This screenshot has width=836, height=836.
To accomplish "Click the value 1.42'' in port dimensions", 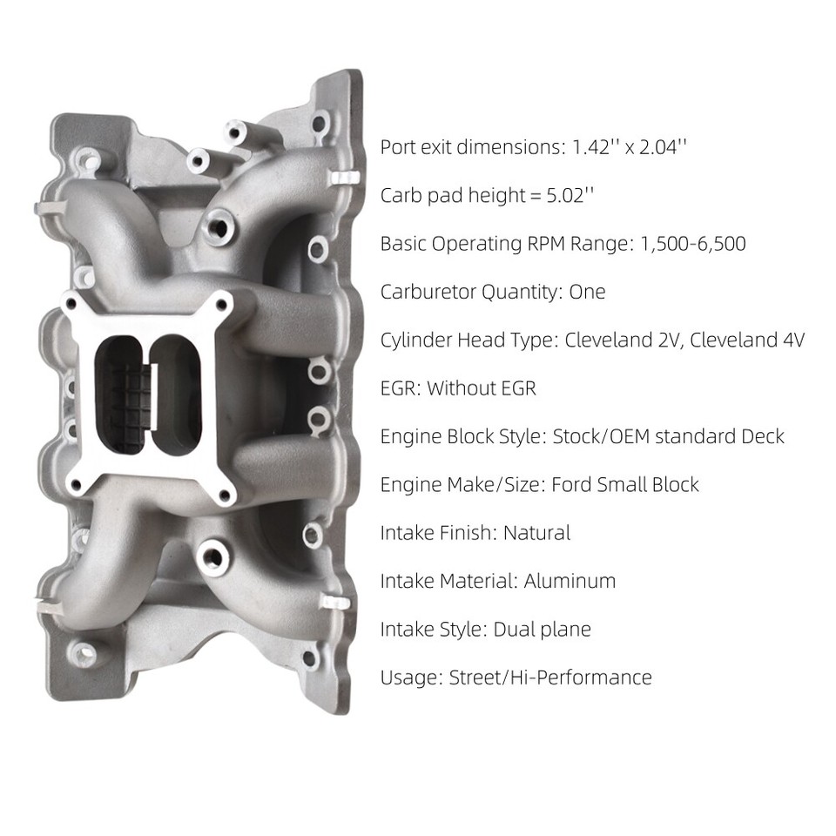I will (595, 147).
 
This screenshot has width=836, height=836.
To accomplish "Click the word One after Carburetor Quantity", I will (587, 292).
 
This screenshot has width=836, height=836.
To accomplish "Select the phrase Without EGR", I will (482, 388).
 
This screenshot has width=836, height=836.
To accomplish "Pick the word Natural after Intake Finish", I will (536, 533).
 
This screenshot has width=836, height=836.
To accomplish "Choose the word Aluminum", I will (570, 581).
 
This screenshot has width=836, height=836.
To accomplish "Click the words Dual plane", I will (542, 629).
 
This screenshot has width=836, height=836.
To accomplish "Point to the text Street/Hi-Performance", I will (549, 678).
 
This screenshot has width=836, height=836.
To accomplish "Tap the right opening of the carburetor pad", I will (179, 396).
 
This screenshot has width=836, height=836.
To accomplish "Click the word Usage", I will (409, 678).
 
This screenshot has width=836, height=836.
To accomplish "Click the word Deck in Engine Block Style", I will (763, 436).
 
